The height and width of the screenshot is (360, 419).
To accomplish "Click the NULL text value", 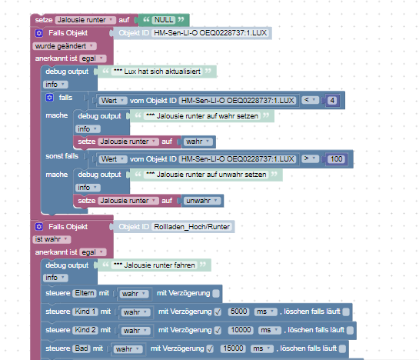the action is point(164,20).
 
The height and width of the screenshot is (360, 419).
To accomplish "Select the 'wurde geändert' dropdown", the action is point(65,46).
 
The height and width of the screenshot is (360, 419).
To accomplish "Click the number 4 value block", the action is point(332,101).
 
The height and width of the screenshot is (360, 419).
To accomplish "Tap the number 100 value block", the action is point(336,159).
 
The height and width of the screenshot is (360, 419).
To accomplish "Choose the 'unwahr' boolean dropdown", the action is point(202,201).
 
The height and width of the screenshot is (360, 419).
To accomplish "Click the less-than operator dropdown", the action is point(311,100).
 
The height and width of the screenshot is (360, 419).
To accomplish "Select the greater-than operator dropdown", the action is point(311,158).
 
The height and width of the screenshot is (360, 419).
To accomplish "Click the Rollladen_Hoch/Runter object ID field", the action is point(192,227).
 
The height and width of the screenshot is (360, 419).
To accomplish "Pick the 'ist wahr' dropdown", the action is point(52,239).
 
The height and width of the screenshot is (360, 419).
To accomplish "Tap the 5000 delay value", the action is point(238,312).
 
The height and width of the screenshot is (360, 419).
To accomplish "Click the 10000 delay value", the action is point(241,330).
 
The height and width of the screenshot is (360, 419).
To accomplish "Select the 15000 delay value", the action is point(233,348).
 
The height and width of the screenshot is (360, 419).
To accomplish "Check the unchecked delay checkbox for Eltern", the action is point(216,293).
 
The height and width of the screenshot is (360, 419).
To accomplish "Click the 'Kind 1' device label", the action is point(85,312).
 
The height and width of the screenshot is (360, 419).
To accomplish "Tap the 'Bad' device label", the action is point(81,348).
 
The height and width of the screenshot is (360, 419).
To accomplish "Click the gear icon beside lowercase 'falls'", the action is point(49,98).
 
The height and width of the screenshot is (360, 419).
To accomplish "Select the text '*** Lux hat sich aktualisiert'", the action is point(157,72).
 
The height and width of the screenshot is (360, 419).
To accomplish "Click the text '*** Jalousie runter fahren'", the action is point(155,265).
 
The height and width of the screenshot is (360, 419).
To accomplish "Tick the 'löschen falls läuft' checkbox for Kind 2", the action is point(350,330).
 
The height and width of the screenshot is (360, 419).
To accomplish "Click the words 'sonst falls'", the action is point(62,156).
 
